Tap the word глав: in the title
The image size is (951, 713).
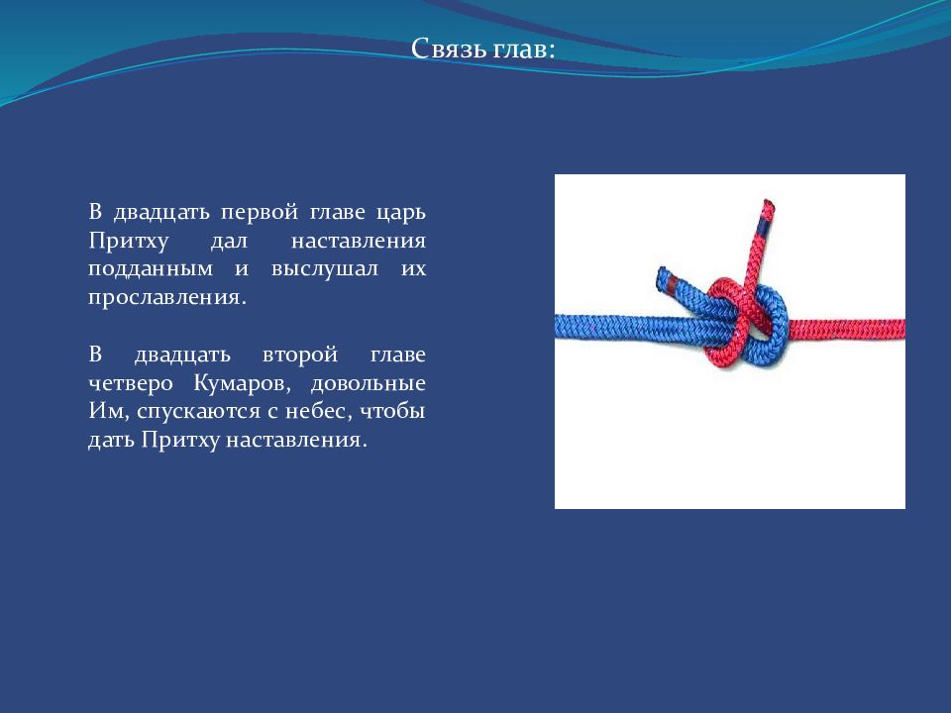click(x=524, y=48)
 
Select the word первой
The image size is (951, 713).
click(x=260, y=213)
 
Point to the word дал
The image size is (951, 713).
click(x=229, y=242)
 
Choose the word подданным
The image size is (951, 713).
click(x=151, y=269)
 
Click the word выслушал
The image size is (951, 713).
click(x=325, y=269)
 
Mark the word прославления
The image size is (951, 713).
click(x=167, y=298)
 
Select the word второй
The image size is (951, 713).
click(x=299, y=356)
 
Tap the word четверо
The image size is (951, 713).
click(x=131, y=384)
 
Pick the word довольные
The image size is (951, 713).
click(x=369, y=384)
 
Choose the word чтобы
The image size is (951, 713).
click(x=392, y=411)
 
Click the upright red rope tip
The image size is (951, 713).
click(x=768, y=205)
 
